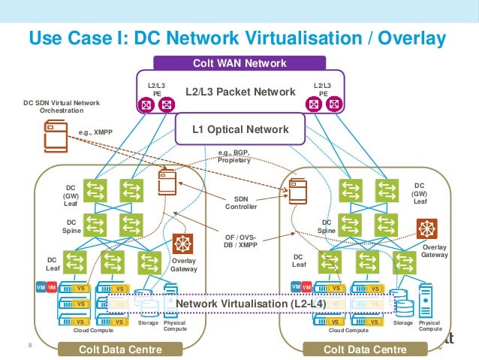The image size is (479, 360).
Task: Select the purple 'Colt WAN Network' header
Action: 239,63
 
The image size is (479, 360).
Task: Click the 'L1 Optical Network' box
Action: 240,129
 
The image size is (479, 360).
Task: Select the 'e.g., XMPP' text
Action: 95,132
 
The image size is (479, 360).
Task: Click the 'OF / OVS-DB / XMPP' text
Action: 241,238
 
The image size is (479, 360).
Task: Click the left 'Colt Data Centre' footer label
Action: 121,349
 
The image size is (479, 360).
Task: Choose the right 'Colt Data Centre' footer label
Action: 364,349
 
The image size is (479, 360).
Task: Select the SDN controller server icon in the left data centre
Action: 167,181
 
